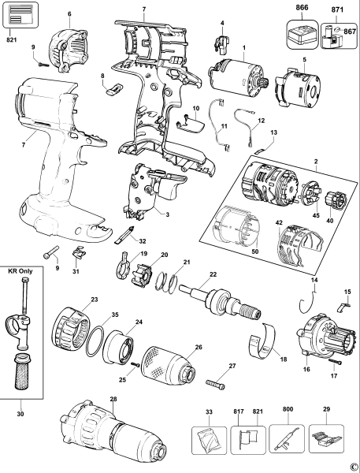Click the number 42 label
point(279,224)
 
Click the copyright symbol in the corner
point(353,466)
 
